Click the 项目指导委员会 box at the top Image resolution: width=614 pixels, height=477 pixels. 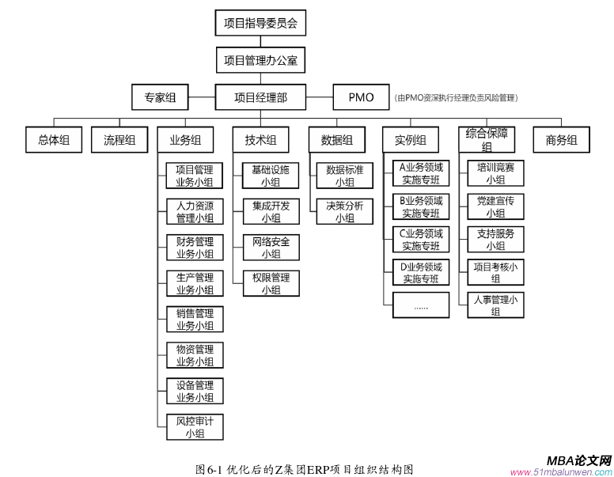pos(260,23)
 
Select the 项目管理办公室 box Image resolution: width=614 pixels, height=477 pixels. pos(260,60)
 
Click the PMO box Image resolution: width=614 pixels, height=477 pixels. pos(361,97)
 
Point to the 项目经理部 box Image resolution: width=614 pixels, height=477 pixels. pos(260,97)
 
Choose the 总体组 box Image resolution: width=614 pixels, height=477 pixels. pos(54,140)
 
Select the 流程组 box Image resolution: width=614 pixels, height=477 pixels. pos(119,140)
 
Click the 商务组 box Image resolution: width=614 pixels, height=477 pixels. pos(561,140)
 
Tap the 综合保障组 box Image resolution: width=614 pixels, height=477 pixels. pos(487,140)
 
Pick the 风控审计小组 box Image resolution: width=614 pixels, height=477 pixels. pos(195,427)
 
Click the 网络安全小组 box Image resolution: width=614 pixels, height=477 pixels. pos(271,248)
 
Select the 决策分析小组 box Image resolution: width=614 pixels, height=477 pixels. pos(344,211)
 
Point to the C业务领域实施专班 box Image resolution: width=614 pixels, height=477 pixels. pos(421,240)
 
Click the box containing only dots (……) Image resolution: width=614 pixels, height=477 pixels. pos(421,305)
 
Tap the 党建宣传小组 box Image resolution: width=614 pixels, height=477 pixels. pos(495,206)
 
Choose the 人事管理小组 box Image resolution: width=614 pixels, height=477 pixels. pos(495,305)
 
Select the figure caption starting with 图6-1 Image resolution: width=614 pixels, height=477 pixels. pos(305,468)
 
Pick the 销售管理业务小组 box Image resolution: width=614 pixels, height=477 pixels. pos(195,319)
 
